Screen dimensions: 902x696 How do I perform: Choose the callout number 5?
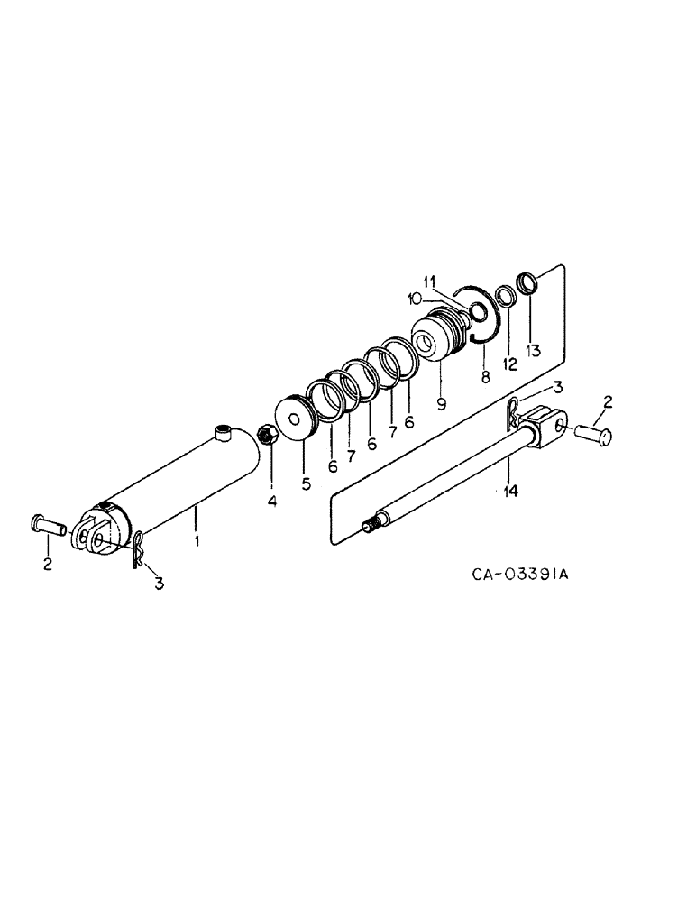point(307,484)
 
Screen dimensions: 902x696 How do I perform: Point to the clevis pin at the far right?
point(594,434)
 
